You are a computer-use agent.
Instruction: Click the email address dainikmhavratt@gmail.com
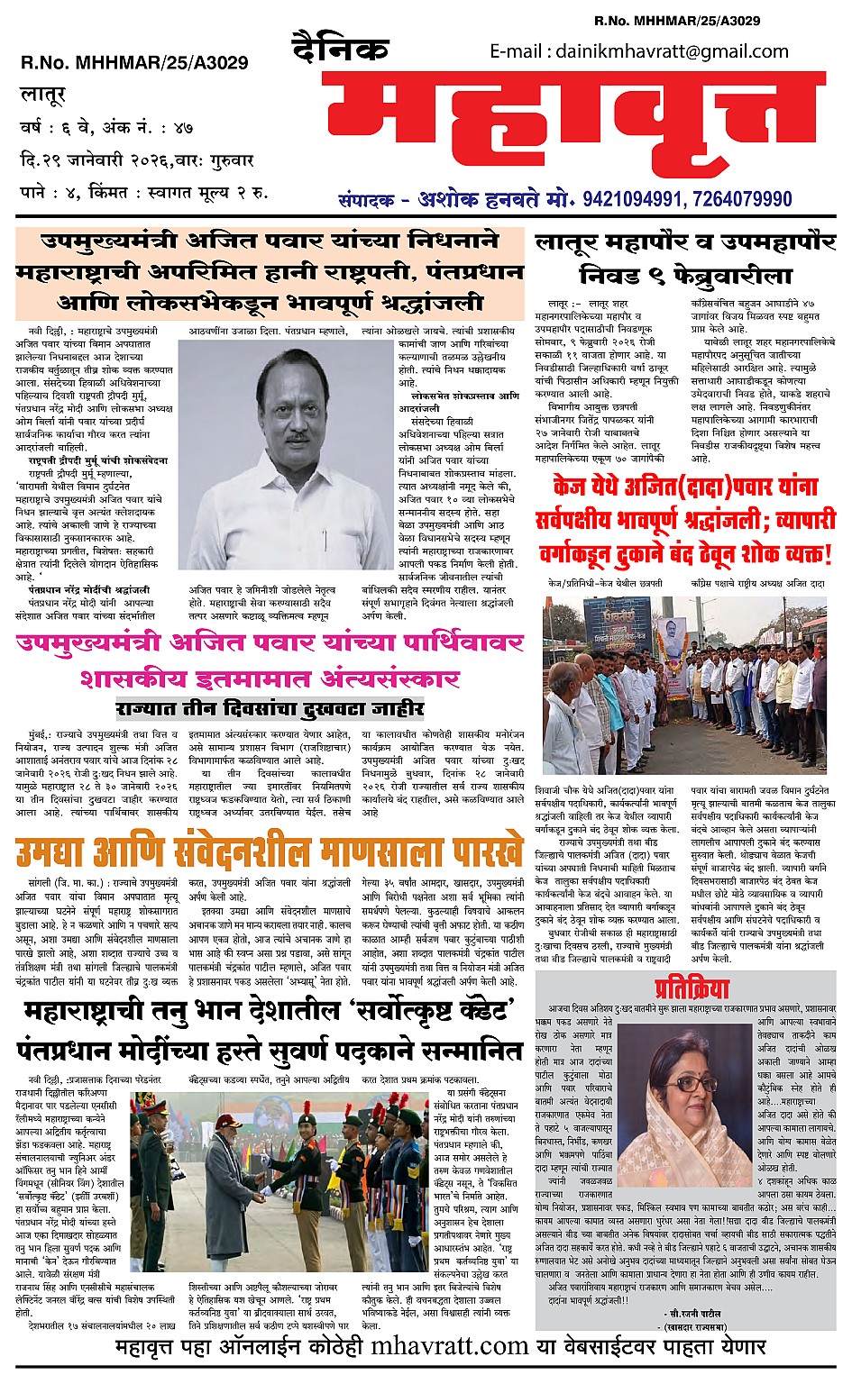[x=639, y=51]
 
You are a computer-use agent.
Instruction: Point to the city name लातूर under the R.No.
[x=44, y=94]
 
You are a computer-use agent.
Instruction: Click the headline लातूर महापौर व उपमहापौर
[x=685, y=241]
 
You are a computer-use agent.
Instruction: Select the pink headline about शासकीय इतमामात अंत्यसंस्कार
[x=269, y=677]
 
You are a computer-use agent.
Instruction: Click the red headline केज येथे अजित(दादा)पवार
[x=686, y=487]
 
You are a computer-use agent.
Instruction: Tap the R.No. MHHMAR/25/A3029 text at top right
[x=676, y=21]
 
